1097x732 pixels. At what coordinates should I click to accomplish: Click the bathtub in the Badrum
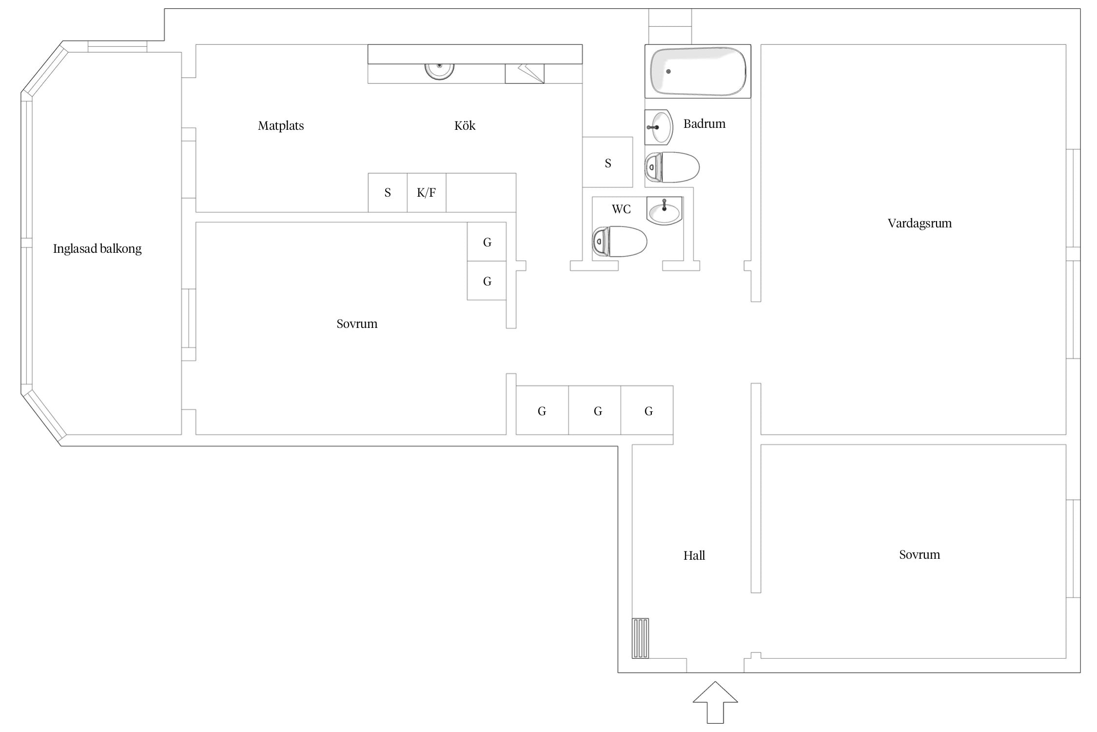(698, 71)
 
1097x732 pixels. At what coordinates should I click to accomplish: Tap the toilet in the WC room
(620, 241)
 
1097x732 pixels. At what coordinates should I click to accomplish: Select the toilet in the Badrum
(672, 167)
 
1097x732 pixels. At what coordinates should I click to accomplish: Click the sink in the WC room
(665, 211)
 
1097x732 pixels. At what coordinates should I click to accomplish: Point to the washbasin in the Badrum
(659, 127)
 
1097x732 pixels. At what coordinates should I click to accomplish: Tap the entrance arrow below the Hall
(715, 702)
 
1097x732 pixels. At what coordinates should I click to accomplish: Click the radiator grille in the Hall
(641, 638)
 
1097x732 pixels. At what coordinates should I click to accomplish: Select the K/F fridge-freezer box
(427, 193)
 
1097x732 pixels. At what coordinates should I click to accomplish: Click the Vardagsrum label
(920, 224)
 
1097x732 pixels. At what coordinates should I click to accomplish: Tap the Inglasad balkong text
(98, 249)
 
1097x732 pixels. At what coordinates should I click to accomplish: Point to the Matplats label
(281, 126)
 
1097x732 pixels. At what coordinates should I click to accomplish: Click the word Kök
(465, 125)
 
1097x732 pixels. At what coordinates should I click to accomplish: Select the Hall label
(694, 555)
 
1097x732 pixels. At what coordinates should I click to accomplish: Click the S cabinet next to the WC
(607, 162)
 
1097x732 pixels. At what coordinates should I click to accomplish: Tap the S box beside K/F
(388, 193)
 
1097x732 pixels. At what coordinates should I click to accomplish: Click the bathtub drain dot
(668, 71)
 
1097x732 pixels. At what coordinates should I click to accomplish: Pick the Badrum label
(705, 124)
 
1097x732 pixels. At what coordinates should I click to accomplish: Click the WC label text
(621, 209)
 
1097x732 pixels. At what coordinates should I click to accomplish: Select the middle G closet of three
(595, 410)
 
